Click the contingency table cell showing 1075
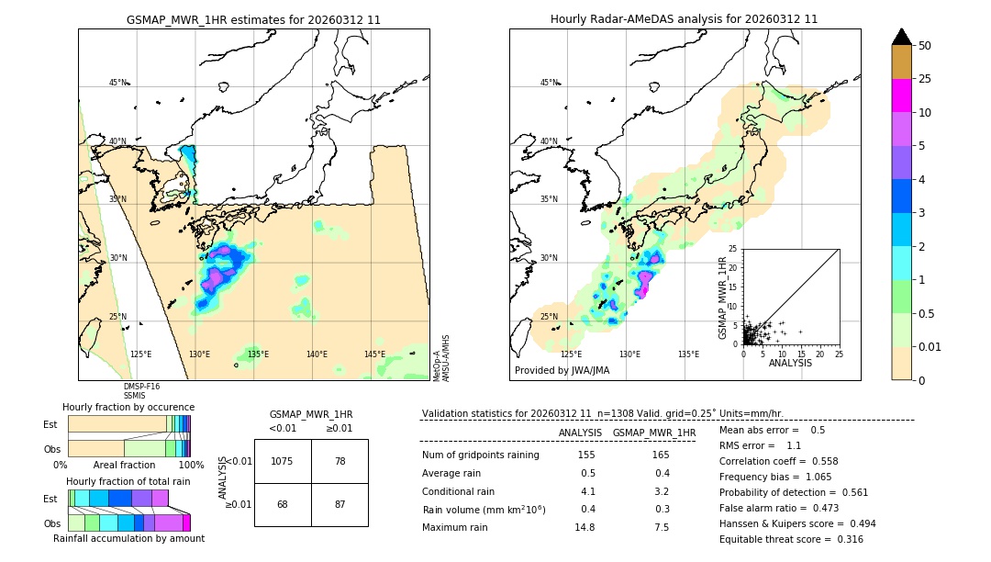pyautogui.click(x=283, y=461)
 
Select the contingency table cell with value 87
pyautogui.click(x=340, y=505)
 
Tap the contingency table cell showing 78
pyautogui.click(x=340, y=461)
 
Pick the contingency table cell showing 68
pyautogui.click(x=283, y=505)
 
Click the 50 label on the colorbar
pyautogui.click(x=926, y=46)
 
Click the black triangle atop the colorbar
pyautogui.click(x=901, y=37)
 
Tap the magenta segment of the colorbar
pyautogui.click(x=901, y=96)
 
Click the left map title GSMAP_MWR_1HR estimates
pyautogui.click(x=253, y=19)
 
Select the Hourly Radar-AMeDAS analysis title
pyautogui.click(x=684, y=19)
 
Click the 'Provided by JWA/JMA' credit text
pyautogui.click(x=562, y=370)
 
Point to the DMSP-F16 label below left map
pyautogui.click(x=141, y=387)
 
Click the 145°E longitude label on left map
pyautogui.click(x=374, y=354)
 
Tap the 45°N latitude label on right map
pyautogui.click(x=549, y=83)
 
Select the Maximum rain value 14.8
pyautogui.click(x=585, y=527)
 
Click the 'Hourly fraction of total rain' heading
pyautogui.click(x=128, y=481)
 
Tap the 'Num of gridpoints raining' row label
pyautogui.click(x=480, y=455)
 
